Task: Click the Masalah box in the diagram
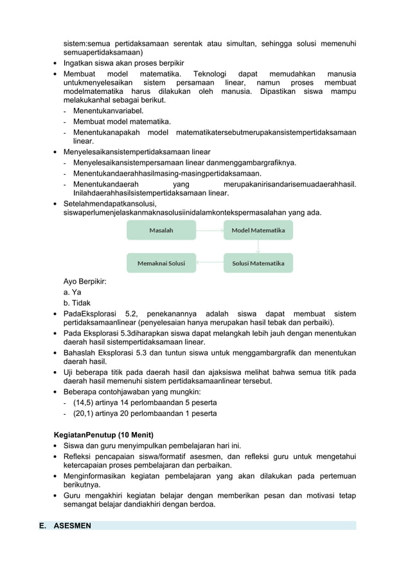click(x=161, y=230)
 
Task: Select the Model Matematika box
click(x=258, y=230)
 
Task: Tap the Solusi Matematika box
click(x=258, y=263)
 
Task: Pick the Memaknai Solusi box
click(x=161, y=263)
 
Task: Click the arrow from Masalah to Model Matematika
click(x=209, y=230)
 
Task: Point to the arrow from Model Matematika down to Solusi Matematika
click(x=258, y=247)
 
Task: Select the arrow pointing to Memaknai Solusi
click(x=209, y=263)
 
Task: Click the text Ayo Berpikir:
click(x=85, y=281)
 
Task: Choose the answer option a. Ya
click(x=72, y=292)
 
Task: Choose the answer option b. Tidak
click(x=77, y=303)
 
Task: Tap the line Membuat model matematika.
click(x=121, y=122)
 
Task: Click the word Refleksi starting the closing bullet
click(x=78, y=457)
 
